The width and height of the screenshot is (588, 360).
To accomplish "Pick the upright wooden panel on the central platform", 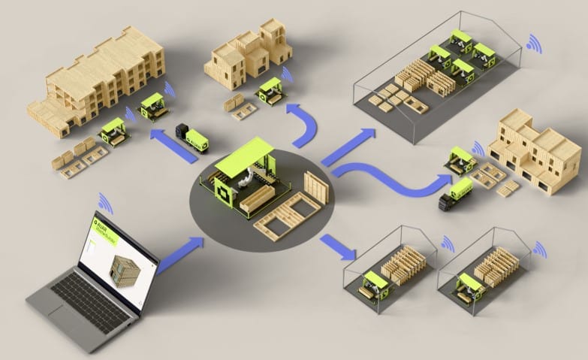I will click(316, 188).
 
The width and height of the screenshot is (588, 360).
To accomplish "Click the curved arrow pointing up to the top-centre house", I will click(305, 124).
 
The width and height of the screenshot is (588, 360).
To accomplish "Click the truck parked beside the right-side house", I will click(456, 194).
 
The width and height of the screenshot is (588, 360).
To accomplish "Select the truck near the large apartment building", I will click(192, 138).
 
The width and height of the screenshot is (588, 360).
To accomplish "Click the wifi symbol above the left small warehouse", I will click(448, 244).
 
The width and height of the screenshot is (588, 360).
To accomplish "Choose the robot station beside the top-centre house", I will click(270, 91).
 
